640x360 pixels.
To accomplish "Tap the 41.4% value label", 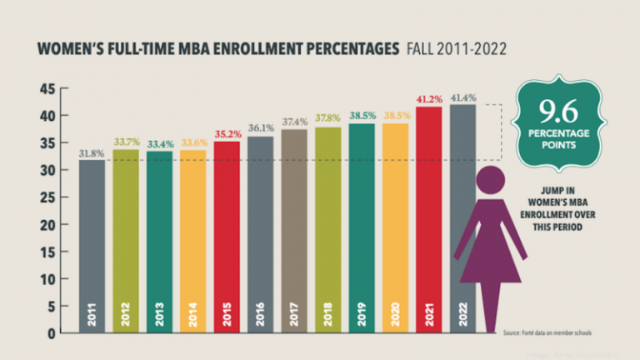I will click(x=462, y=97).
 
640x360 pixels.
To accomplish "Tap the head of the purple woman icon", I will click(x=491, y=182).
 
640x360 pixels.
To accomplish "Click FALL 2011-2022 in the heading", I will click(x=456, y=50).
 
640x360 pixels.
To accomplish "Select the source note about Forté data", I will click(x=543, y=333).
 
